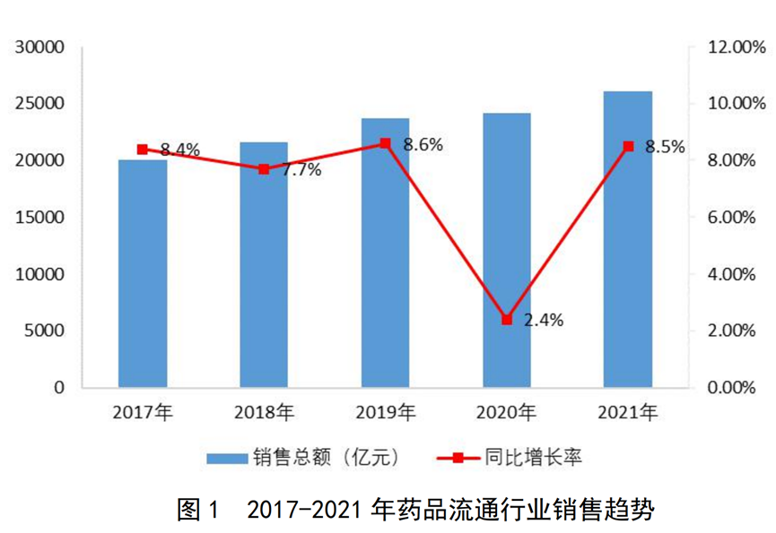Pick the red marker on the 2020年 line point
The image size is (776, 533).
point(507,319)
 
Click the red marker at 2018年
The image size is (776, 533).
point(264,168)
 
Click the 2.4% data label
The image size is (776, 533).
point(544,320)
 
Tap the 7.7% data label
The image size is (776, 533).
point(301,170)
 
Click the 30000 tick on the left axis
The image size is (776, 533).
point(40,47)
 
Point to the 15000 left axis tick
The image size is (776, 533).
point(40,217)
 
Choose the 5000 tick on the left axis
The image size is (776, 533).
point(45,331)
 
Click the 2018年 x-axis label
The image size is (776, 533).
point(264,413)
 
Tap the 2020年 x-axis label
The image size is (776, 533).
point(507,413)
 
